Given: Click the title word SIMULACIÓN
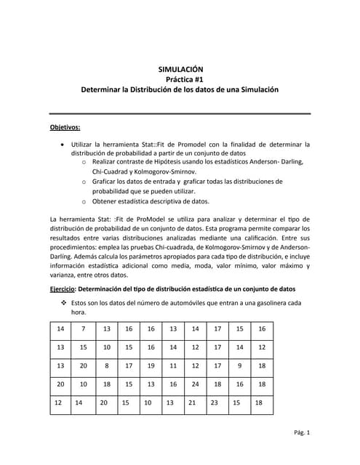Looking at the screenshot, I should (180, 68).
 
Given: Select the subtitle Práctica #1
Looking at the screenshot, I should (180, 78).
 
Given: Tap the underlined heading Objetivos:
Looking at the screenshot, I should (65, 127).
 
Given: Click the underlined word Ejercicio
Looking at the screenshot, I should (67, 288).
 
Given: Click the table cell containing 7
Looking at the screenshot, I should (84, 328).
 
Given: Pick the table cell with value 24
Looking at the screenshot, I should (195, 384).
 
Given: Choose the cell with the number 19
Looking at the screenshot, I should (151, 365).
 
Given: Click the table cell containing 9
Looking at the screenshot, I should (239, 365).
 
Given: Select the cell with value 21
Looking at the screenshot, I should (192, 402).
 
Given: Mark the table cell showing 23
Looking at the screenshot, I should (214, 402).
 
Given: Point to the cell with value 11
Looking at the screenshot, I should (173, 365).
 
